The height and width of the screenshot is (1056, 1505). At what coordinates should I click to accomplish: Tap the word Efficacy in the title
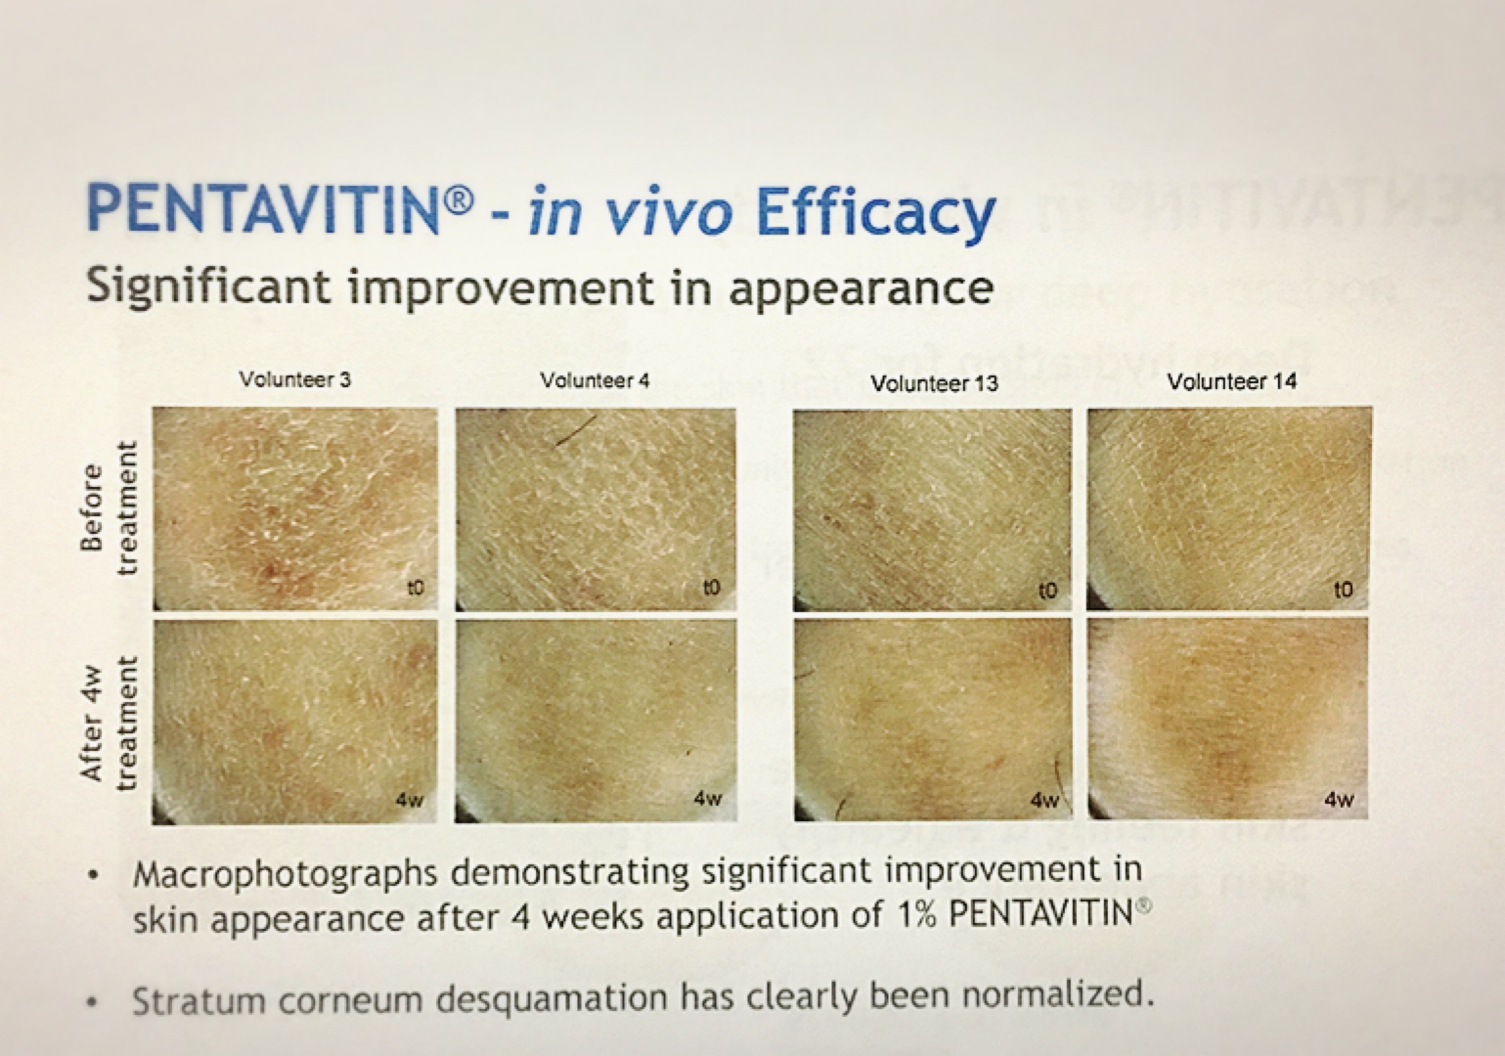pos(875,213)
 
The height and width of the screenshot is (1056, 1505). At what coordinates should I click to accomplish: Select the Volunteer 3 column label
pos(294,379)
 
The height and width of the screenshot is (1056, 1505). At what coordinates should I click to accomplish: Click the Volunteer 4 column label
pos(595,380)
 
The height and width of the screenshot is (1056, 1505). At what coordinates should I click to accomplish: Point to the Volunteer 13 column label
pos(934,383)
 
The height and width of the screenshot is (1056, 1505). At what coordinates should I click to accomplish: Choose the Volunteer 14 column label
pos(1231,381)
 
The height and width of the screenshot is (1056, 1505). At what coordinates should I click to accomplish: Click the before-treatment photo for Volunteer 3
pos(295,508)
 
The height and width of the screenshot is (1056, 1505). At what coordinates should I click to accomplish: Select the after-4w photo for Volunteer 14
pos(1228,718)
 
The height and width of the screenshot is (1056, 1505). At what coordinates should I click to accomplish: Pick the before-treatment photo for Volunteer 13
pos(933,509)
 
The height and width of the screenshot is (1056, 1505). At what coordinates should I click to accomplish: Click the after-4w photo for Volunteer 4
pos(596,718)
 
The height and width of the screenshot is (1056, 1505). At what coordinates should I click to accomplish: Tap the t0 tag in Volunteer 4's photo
pos(711,588)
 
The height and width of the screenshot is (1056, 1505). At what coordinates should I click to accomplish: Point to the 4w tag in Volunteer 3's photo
pos(410,800)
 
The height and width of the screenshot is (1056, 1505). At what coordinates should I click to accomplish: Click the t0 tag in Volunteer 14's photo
pos(1344,589)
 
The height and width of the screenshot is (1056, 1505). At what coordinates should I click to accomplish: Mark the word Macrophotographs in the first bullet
pos(285,873)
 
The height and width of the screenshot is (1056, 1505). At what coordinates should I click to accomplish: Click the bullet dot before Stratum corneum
pos(91,1002)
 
